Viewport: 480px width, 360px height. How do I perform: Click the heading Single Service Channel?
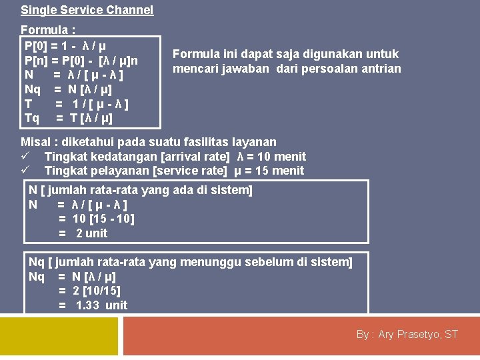tap(87, 10)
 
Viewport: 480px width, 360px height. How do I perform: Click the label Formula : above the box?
tap(48, 30)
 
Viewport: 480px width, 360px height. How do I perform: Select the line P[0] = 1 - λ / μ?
tap(65, 47)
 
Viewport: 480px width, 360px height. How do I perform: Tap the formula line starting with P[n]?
tap(81, 61)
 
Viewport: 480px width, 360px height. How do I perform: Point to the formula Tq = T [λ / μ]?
tap(68, 119)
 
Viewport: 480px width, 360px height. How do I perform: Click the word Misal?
tap(35, 142)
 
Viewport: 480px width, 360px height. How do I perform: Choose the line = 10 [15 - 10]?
tap(96, 219)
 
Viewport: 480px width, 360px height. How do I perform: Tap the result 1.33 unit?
tap(101, 305)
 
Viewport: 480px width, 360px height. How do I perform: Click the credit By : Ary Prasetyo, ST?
tap(407, 335)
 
